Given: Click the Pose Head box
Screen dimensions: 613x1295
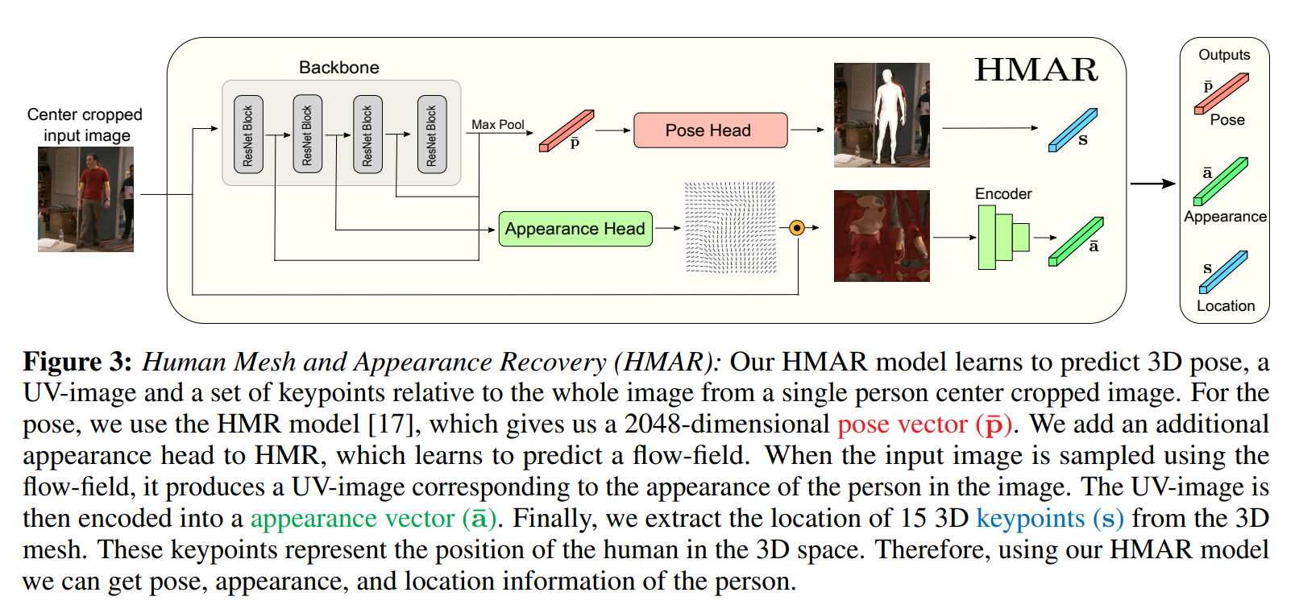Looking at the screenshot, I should click(710, 130).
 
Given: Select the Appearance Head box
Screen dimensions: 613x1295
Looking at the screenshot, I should click(575, 229).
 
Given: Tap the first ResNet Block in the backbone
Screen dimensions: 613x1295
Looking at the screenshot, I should click(248, 135).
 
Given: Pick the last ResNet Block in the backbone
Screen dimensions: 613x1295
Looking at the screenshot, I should click(431, 135).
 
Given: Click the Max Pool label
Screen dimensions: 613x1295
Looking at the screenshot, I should click(497, 125).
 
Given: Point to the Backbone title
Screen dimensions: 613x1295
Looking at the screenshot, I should click(338, 68).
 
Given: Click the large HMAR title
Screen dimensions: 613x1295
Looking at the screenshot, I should click(1036, 70).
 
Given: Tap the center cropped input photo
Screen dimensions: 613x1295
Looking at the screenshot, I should click(85, 199).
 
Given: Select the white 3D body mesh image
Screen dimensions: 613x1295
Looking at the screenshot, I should click(882, 115).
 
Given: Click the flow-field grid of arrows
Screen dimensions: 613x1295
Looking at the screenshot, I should click(730, 228).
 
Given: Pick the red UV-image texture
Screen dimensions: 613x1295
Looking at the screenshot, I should click(882, 236).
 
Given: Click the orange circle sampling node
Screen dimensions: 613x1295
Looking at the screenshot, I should click(797, 228).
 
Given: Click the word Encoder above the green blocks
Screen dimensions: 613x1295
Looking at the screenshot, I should click(1002, 194).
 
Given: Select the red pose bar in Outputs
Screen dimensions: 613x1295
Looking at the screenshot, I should click(1222, 93).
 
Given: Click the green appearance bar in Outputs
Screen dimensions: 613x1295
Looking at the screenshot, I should click(1220, 181).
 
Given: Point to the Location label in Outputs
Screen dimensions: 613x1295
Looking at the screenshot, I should click(1225, 306).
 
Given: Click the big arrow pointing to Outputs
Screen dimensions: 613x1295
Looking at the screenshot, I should click(1152, 184).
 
